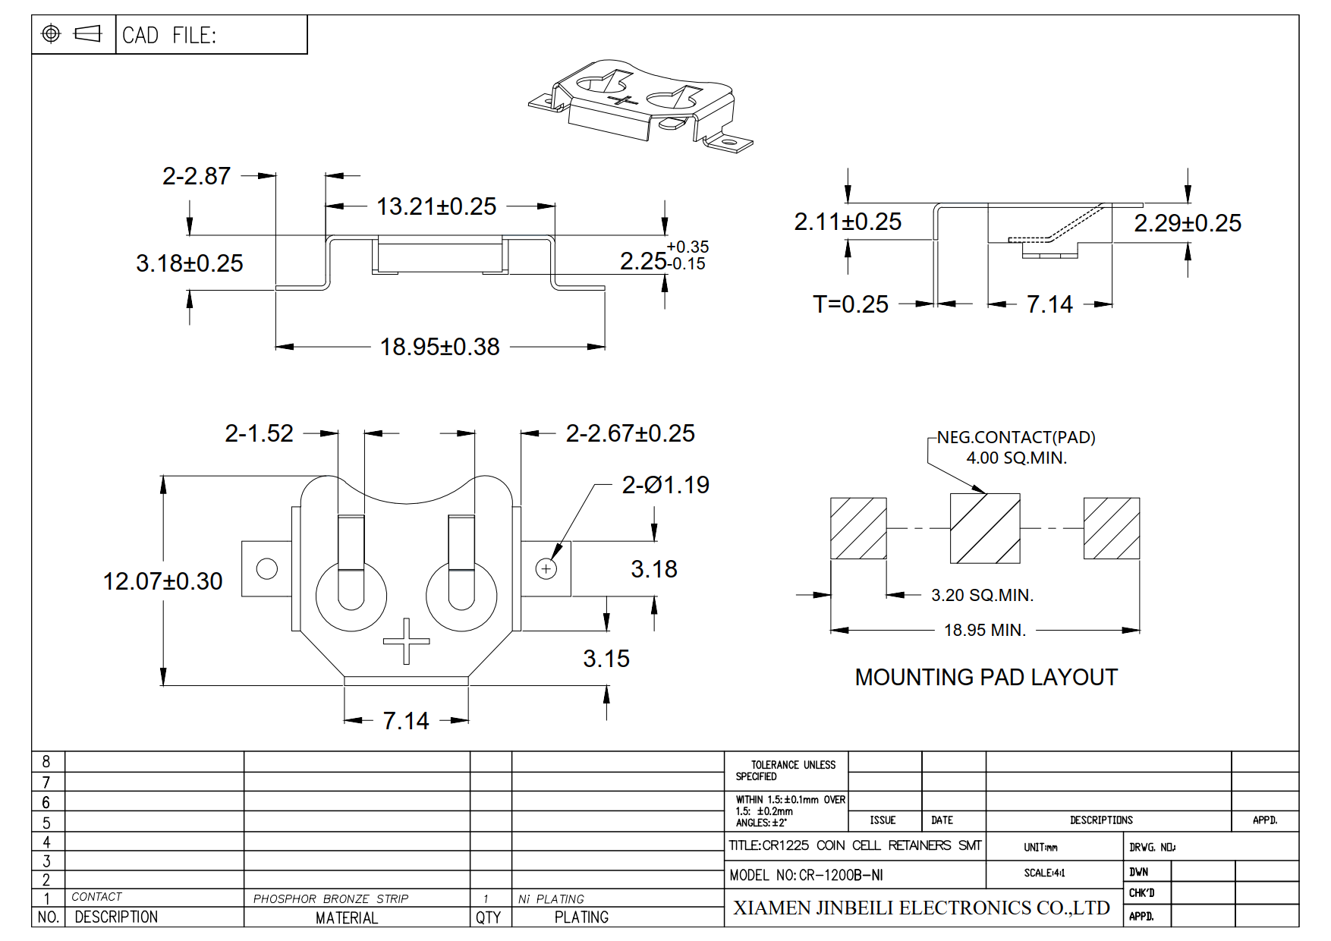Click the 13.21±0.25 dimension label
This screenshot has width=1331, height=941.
click(x=436, y=206)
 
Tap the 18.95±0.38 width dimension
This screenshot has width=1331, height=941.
click(x=439, y=347)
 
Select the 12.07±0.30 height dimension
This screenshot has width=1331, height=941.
click(x=162, y=581)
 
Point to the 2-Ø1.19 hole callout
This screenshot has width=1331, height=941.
click(x=665, y=485)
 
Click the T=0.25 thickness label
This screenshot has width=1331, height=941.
click(x=851, y=304)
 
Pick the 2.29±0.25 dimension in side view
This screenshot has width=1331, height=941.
click(x=1188, y=223)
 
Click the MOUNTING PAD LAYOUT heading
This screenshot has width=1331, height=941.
click(x=986, y=677)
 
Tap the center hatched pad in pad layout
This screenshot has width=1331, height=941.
click(x=985, y=528)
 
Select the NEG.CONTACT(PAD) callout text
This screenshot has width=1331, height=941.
click(x=1016, y=437)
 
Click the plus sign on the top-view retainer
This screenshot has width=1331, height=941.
click(x=407, y=641)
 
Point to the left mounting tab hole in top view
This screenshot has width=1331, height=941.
click(x=267, y=568)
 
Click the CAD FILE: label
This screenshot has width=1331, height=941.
click(x=169, y=36)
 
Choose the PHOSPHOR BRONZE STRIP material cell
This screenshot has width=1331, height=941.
click(x=331, y=899)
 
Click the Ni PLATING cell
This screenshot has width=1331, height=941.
click(x=551, y=899)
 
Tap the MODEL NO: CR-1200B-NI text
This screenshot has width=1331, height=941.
click(x=807, y=875)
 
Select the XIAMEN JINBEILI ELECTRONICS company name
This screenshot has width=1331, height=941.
click(x=921, y=908)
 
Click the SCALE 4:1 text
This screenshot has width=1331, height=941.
click(x=1044, y=873)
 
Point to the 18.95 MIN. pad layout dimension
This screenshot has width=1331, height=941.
click(x=985, y=630)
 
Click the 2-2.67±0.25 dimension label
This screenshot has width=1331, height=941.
click(x=631, y=433)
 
